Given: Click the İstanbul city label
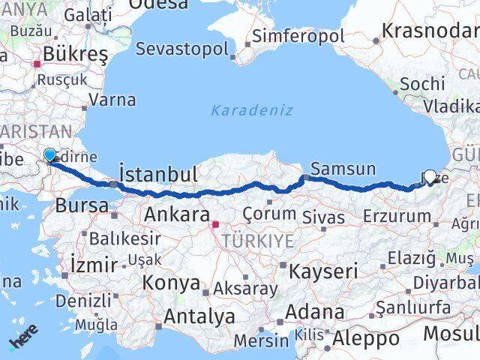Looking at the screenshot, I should click(158, 175).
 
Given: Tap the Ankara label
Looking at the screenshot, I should click(175, 214).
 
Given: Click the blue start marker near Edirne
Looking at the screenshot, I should click(50, 155).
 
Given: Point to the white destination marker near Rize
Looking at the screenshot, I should click(430, 176).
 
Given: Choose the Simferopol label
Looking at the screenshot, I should click(298, 35).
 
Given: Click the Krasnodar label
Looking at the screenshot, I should click(430, 31).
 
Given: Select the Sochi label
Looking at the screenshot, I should click(422, 84).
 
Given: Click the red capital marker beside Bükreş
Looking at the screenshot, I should click(35, 64).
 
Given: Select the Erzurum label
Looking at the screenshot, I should click(397, 216).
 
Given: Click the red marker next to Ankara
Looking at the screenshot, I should click(216, 223).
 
